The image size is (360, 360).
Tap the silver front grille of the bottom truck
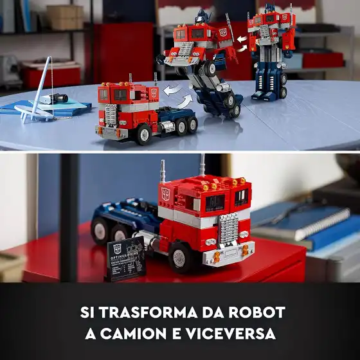pyautogui.click(x=228, y=229)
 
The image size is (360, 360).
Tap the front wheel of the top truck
pyautogui.click(x=143, y=134)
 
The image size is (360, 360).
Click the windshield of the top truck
pyautogui.click(x=113, y=94)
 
